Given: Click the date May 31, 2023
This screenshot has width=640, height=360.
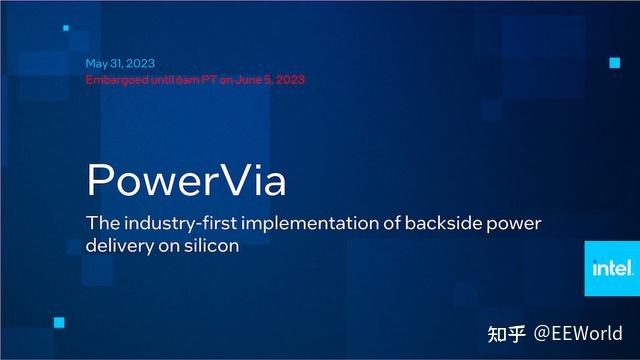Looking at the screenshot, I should [120, 63].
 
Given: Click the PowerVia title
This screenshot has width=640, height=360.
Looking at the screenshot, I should [187, 180].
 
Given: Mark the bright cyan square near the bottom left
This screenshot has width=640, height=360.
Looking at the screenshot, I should [59, 321].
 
